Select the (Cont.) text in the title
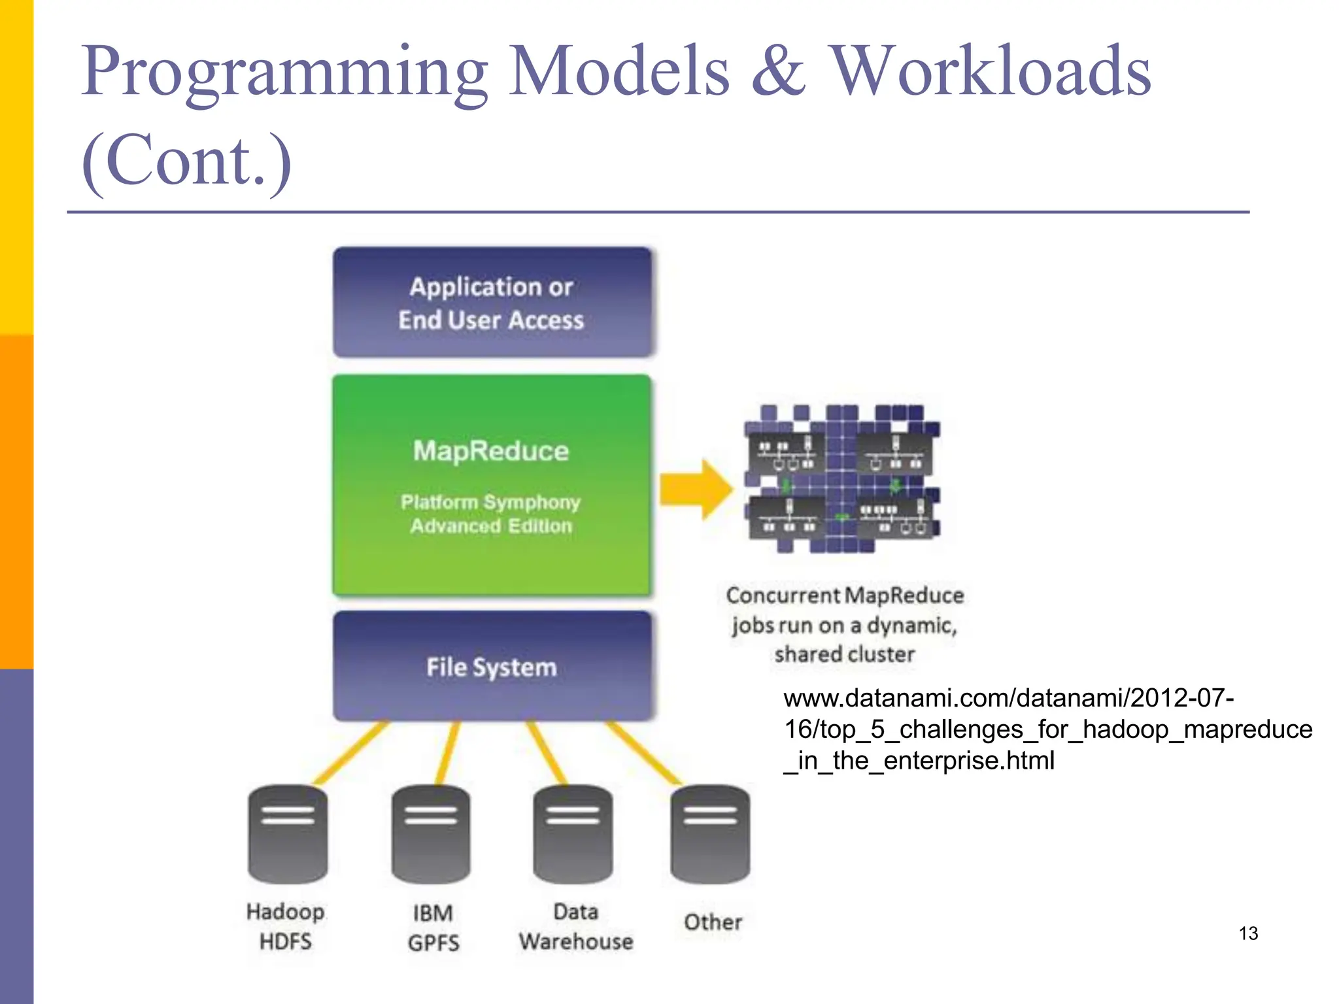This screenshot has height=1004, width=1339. (186, 161)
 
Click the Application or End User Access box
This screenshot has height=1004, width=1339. (492, 303)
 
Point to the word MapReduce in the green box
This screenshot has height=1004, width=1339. (491, 451)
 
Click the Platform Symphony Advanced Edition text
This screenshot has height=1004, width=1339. (491, 514)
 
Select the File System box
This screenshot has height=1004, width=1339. (492, 667)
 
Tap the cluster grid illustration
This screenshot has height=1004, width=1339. (842, 478)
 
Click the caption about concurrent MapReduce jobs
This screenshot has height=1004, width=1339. (844, 624)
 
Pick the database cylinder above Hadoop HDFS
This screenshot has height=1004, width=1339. (288, 834)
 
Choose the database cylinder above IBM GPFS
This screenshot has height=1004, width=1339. (431, 834)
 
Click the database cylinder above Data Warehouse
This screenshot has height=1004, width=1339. (573, 834)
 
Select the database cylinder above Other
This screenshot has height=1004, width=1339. (711, 834)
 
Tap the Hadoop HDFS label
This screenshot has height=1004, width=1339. (286, 926)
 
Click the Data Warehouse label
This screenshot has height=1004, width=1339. (576, 926)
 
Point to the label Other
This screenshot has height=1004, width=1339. (713, 922)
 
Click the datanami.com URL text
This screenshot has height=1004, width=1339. (1046, 729)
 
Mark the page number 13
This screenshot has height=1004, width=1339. (1248, 933)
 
